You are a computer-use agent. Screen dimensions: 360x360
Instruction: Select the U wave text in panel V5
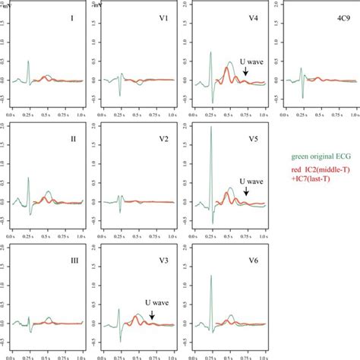pyautogui.click(x=252, y=182)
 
